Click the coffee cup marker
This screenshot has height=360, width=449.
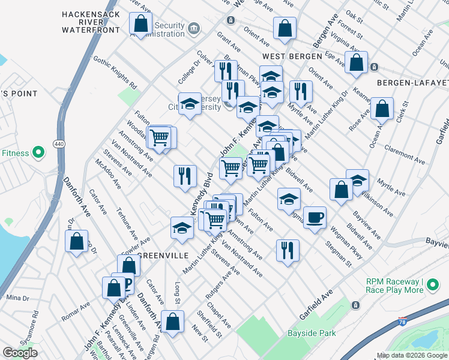315,217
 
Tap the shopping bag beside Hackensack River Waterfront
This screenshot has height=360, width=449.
140,25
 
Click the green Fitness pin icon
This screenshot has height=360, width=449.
38,153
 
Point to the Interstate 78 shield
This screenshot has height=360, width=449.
403,323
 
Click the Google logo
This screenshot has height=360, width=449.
20,353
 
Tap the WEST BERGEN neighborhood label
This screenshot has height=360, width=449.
285,56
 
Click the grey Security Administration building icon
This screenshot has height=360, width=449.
194,28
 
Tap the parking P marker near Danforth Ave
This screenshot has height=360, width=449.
127,282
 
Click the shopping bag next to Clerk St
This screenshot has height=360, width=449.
382,109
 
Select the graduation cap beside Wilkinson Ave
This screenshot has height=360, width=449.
358,180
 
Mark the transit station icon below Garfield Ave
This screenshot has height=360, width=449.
356,305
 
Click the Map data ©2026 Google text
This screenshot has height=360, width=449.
412,355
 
